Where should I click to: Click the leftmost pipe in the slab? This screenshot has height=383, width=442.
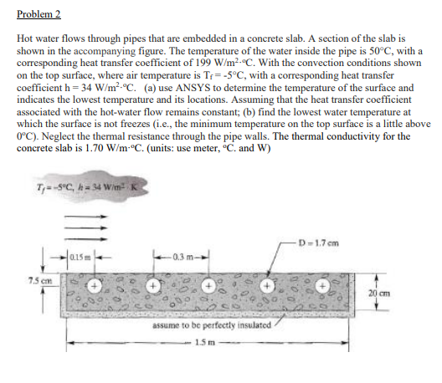pyautogui.click(x=96, y=284)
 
